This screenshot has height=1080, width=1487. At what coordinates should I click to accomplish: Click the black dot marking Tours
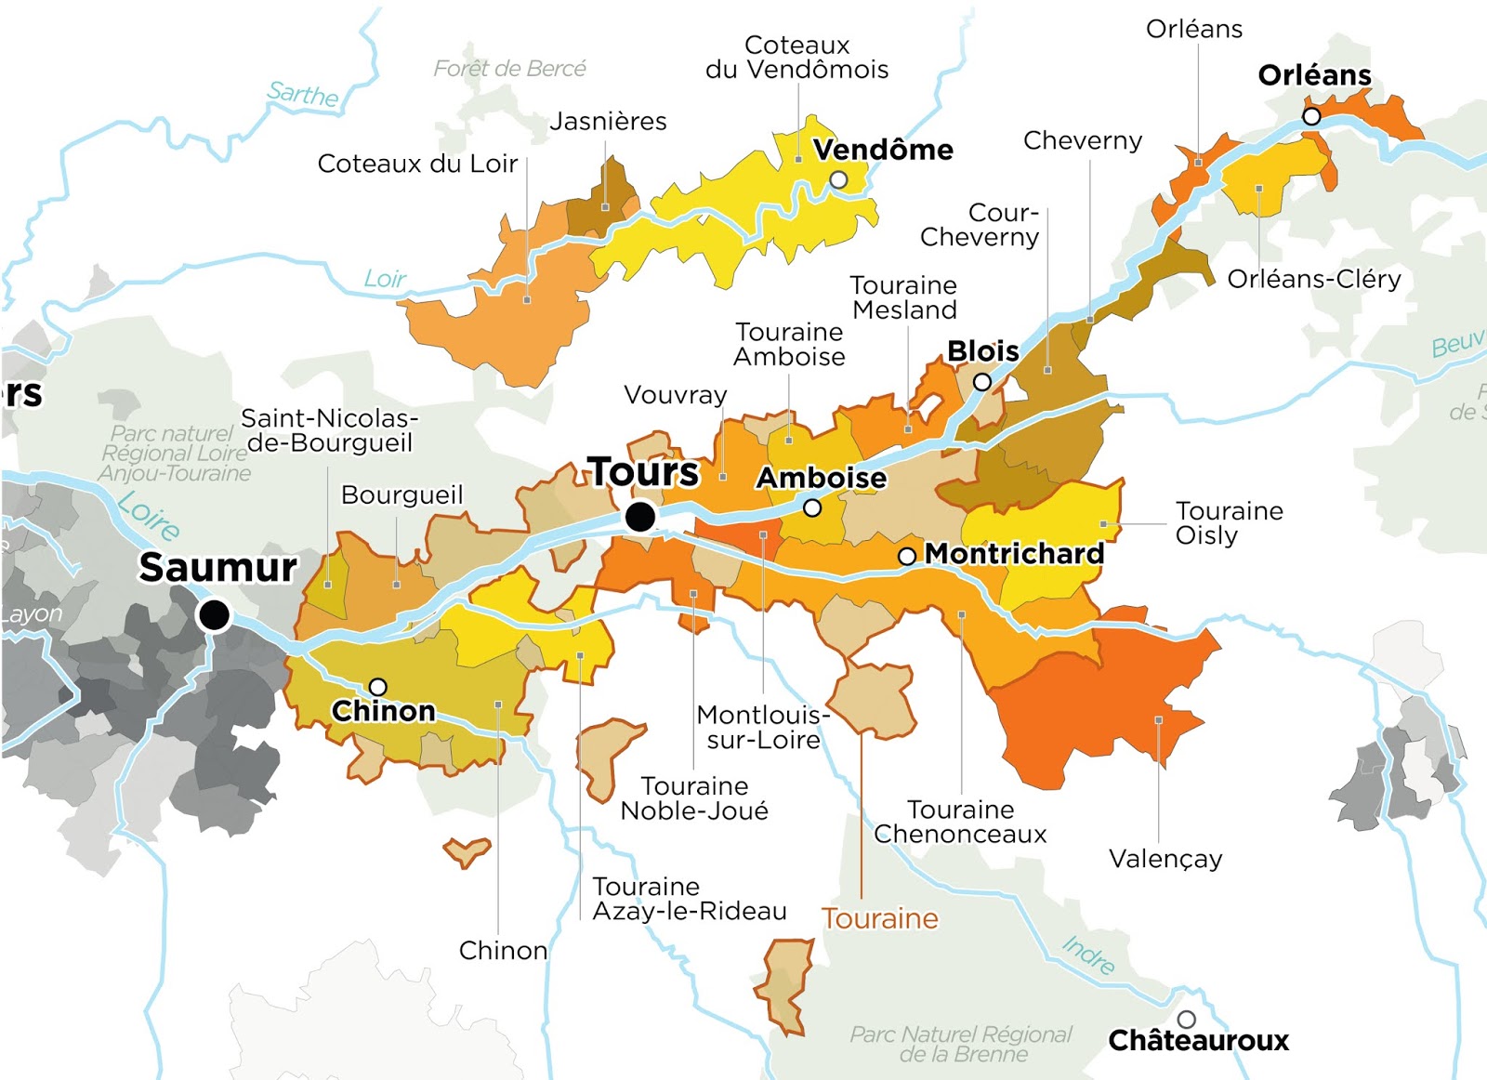click(x=639, y=517)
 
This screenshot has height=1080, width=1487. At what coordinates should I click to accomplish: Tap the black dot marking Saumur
click(x=215, y=614)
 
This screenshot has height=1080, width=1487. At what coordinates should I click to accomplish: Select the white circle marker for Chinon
click(x=377, y=687)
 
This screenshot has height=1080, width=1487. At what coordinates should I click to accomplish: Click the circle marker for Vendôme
click(x=838, y=179)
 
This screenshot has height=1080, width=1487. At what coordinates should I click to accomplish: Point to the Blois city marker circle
click(x=982, y=382)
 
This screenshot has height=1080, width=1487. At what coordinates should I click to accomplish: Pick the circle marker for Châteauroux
click(x=1186, y=1019)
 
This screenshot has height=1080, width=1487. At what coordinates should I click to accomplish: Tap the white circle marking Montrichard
click(x=907, y=556)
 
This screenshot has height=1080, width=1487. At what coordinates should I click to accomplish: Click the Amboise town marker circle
click(x=812, y=508)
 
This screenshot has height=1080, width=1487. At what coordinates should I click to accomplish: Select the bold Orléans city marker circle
click(x=1311, y=116)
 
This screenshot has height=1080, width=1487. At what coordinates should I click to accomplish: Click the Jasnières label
click(x=608, y=122)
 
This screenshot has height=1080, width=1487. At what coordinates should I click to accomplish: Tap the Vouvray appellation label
click(x=676, y=395)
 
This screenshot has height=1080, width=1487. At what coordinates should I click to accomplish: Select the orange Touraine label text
click(x=879, y=919)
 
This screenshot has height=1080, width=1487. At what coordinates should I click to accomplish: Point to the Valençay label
click(x=1165, y=859)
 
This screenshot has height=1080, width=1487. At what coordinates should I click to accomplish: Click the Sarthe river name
click(x=303, y=94)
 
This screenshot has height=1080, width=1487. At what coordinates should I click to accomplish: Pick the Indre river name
click(x=1088, y=955)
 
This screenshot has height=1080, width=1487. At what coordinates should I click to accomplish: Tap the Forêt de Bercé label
click(x=509, y=69)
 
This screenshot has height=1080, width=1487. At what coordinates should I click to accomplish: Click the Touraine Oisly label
click(x=1229, y=523)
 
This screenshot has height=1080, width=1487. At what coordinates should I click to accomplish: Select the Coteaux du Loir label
click(x=417, y=164)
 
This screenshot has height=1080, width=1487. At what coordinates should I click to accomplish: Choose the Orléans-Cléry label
click(x=1313, y=279)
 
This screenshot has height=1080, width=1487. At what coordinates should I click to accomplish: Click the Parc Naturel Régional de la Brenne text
click(x=962, y=1045)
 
